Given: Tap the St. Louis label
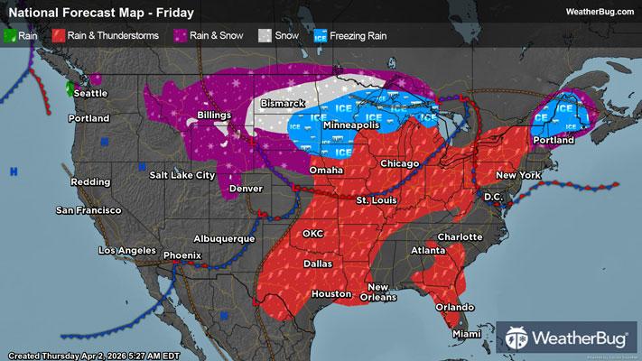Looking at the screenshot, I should pos(375,199).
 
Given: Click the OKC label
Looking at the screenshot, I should pos(312,233).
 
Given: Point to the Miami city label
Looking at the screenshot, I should pos(466,336).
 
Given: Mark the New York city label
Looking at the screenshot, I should pos(516,173).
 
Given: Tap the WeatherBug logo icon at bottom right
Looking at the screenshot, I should pos(522,338).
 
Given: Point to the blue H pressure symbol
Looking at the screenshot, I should pos(14,171).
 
